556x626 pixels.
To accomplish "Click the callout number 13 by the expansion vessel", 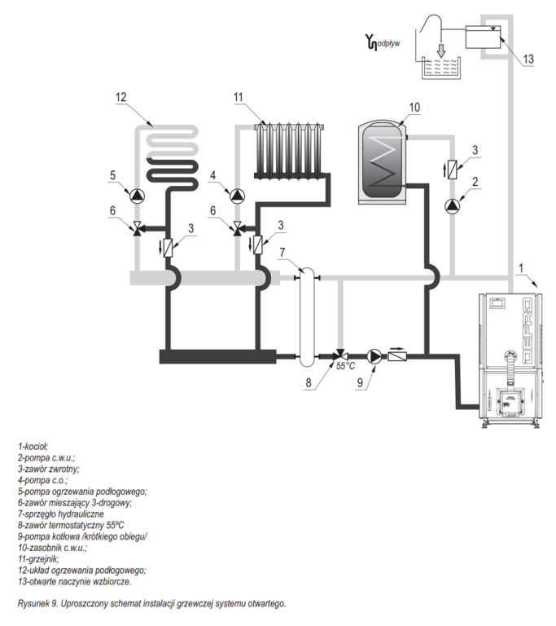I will tap(528, 59).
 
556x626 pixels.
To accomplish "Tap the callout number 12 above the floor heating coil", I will tap(121, 98).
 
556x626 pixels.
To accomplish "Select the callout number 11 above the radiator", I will tap(239, 98).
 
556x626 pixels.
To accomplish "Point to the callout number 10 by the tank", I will tap(414, 107).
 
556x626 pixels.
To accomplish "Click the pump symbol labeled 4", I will tap(237, 196).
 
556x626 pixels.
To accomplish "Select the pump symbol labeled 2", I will tap(453, 205).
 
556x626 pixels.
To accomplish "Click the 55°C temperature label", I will tap(346, 366).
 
